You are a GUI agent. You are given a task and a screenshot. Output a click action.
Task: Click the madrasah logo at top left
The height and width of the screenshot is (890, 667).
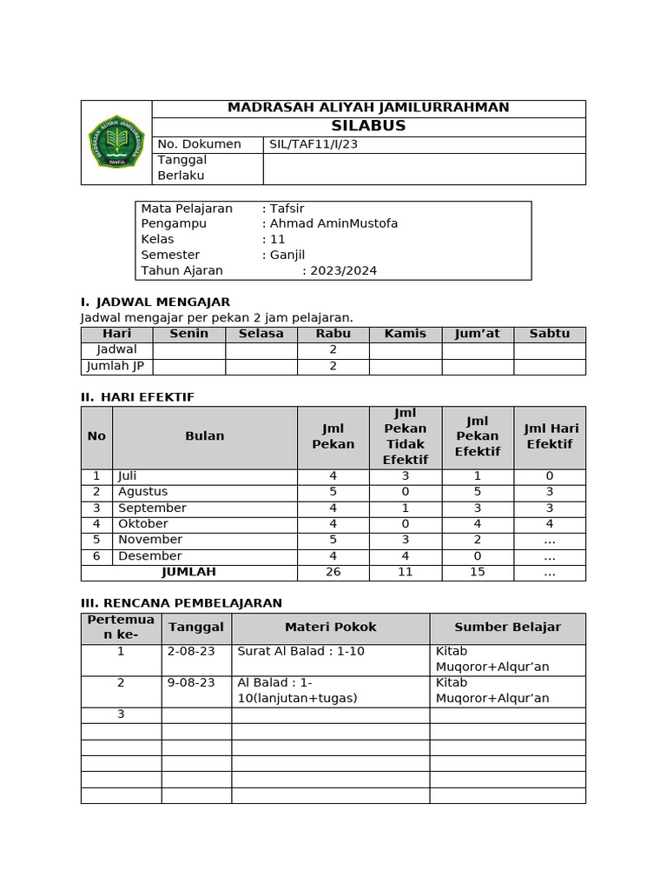(116, 143)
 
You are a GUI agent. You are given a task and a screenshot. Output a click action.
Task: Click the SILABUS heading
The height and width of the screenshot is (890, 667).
(368, 126)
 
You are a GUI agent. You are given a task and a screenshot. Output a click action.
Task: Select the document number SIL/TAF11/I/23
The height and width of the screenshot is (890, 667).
(314, 144)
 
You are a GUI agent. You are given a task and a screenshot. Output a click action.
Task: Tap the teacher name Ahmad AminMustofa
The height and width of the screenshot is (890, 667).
(333, 223)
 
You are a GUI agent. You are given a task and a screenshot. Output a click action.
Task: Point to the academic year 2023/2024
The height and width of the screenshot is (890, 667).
(343, 270)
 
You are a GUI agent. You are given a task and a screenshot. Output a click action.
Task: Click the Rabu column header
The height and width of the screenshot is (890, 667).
(333, 334)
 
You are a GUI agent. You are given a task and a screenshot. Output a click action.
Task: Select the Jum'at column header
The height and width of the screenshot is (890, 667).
(478, 334)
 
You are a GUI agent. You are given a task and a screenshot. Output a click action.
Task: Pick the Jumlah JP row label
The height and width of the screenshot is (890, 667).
(116, 366)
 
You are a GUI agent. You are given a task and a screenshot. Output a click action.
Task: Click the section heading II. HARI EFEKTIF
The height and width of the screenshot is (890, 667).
(137, 397)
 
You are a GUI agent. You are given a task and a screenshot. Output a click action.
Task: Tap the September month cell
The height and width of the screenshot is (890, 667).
(152, 508)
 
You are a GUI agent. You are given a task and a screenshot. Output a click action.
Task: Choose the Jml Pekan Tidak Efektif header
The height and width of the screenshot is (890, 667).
(405, 435)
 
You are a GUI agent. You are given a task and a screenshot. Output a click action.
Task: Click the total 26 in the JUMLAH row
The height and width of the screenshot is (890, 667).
(333, 572)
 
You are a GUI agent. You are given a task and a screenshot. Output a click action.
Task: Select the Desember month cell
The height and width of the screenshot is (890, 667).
(150, 555)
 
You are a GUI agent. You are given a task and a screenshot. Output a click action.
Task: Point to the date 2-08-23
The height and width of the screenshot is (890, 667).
(191, 651)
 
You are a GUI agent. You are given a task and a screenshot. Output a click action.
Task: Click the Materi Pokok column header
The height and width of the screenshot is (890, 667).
(330, 627)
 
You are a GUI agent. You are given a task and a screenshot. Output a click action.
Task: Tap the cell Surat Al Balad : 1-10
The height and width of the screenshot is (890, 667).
(301, 651)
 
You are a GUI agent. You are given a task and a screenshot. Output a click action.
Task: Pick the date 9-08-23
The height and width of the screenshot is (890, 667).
(191, 682)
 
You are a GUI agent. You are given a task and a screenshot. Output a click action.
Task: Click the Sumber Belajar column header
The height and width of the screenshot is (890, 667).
(507, 627)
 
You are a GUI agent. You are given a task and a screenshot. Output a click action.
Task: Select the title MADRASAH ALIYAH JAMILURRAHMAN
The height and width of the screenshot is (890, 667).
(368, 108)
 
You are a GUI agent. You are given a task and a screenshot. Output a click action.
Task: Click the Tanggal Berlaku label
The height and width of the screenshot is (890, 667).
(182, 168)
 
